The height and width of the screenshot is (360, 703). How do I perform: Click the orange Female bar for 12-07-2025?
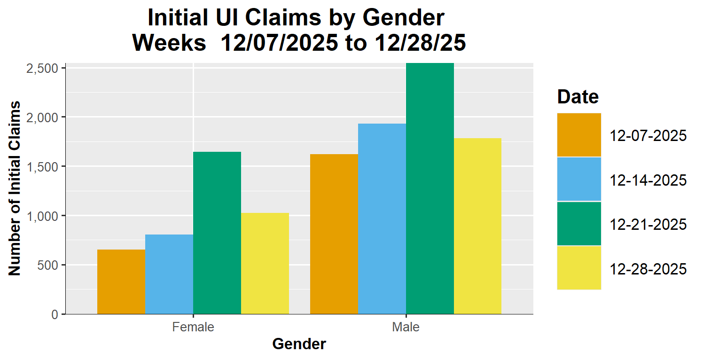click(x=121, y=282)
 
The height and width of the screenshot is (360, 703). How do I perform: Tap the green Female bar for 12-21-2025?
click(x=217, y=233)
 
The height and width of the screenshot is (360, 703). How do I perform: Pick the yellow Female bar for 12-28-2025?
click(x=265, y=263)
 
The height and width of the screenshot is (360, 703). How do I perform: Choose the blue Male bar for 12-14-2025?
click(x=382, y=219)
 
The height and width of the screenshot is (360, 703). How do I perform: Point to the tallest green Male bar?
click(x=430, y=188)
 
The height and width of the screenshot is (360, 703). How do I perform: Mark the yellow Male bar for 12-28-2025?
click(x=477, y=226)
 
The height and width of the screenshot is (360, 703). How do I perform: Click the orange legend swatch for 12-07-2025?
click(x=579, y=135)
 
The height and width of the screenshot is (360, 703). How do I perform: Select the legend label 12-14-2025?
click(x=648, y=180)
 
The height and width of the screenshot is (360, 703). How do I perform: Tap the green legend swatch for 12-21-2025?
click(x=579, y=224)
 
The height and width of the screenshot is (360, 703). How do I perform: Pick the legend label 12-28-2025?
click(x=648, y=269)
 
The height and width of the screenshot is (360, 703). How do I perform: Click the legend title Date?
click(x=578, y=97)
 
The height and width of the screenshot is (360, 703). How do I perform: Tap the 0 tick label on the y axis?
click(x=55, y=314)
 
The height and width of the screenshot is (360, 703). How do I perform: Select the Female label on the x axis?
click(x=193, y=327)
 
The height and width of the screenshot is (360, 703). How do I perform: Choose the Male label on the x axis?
click(x=406, y=327)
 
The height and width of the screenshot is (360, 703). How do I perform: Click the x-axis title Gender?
click(x=299, y=344)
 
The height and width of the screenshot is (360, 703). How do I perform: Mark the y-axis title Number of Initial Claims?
click(x=15, y=188)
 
